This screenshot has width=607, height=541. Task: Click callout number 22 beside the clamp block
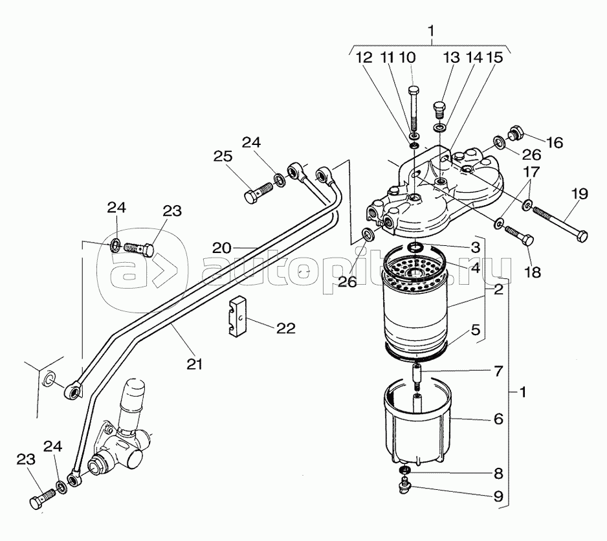(285, 328)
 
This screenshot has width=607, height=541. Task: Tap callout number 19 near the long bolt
(580, 194)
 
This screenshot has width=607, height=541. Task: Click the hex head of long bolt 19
(582, 236)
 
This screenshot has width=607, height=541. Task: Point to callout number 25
(223, 157)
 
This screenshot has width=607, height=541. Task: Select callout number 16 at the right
(555, 142)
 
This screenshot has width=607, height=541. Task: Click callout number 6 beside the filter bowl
(498, 419)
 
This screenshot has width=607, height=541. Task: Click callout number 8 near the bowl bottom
(498, 473)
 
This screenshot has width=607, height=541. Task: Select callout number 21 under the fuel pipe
(194, 364)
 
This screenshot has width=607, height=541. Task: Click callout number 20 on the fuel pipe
(221, 248)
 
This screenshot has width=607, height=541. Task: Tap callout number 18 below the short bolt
(533, 272)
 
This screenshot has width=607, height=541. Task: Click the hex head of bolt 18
(528, 240)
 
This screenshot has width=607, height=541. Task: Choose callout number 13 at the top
(451, 58)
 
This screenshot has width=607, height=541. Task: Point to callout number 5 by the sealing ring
(476, 330)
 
